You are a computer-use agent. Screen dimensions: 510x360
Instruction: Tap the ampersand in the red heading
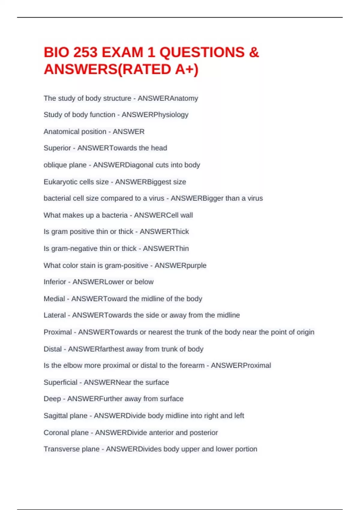point(254,52)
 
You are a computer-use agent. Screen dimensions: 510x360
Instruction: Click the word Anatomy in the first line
point(184,98)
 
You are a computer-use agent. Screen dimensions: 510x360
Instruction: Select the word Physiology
point(171,115)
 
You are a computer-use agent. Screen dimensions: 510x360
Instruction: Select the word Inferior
point(55,282)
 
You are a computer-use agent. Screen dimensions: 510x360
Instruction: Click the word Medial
point(54,299)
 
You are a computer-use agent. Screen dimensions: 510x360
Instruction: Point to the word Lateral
point(55,315)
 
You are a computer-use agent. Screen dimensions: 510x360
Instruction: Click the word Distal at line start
point(52,349)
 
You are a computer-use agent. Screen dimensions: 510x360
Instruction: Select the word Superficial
point(60,382)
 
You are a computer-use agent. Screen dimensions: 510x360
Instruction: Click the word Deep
point(52,399)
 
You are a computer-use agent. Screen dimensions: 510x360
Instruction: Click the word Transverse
point(61,449)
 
